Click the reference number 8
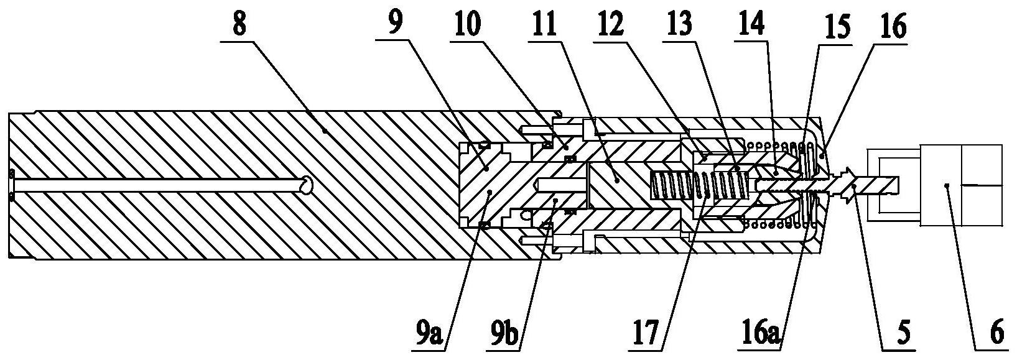[239, 24]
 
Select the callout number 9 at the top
[396, 24]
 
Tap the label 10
[468, 24]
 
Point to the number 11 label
[544, 24]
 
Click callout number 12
[610, 24]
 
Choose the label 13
[679, 24]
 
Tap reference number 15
[836, 28]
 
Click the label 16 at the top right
[892, 27]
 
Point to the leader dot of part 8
[325, 131]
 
